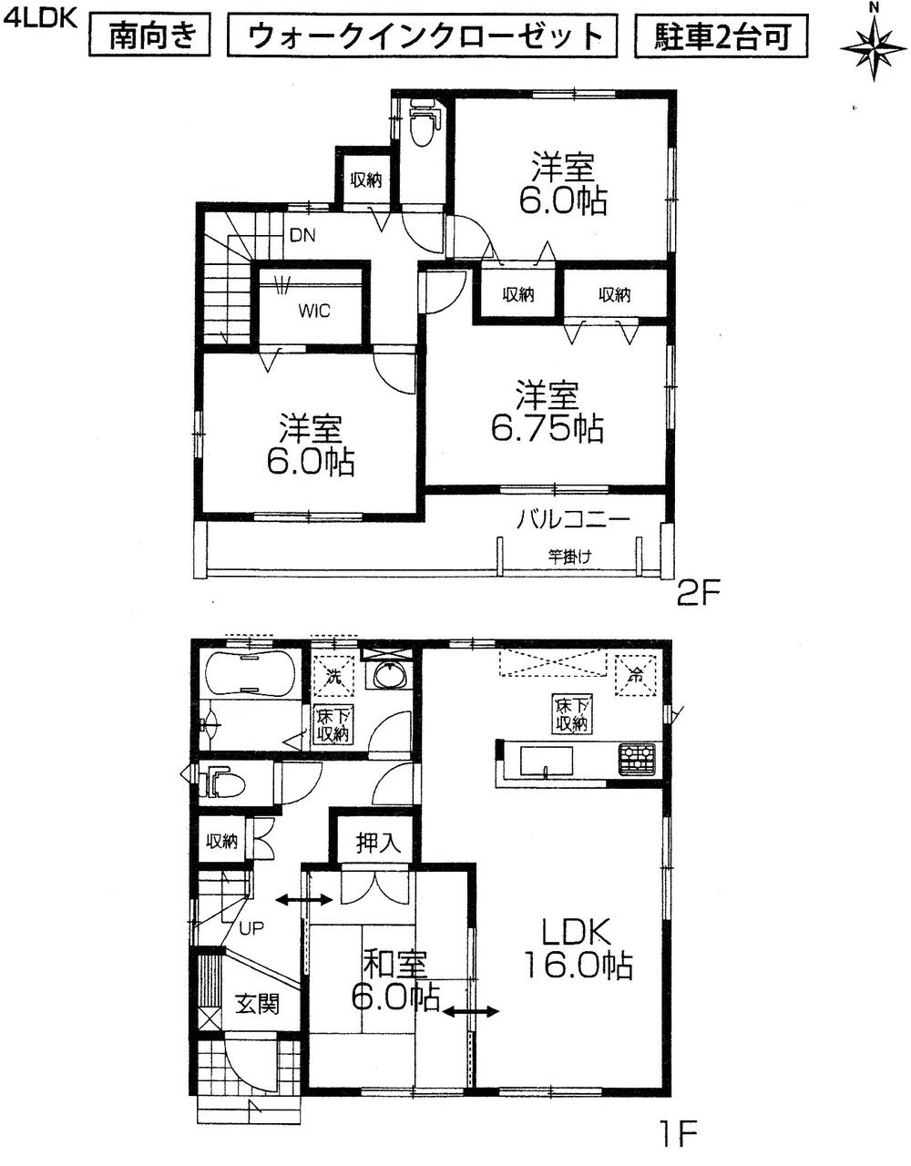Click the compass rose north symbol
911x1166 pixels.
[873, 42]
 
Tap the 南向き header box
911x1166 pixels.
[152, 36]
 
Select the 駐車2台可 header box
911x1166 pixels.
[719, 36]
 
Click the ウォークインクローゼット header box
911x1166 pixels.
[426, 36]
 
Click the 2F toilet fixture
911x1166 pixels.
[422, 127]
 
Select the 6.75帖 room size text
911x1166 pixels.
[548, 427]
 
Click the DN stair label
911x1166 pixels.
[302, 236]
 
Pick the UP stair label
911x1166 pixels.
[251, 929]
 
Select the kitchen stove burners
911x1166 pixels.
[637, 759]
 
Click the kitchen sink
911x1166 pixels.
[545, 761]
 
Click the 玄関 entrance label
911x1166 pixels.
[257, 1005]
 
